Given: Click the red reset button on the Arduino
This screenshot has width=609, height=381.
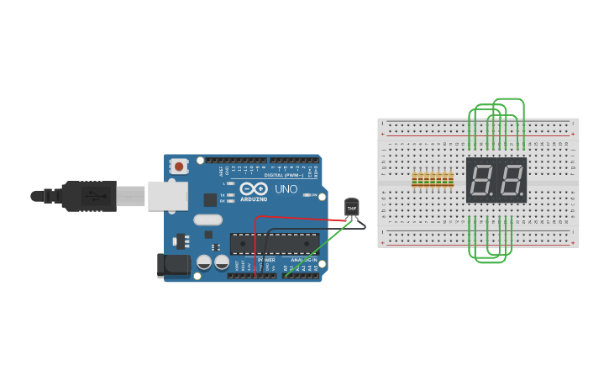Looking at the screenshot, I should pos(179,167).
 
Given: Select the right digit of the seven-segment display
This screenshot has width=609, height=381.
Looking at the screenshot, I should pos(510,179).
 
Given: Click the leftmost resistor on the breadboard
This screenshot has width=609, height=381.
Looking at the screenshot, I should pos(415,180).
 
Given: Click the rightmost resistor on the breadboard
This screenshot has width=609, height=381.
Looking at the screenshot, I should pos(451,180).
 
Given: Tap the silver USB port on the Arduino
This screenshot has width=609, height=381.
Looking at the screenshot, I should pos(166,195).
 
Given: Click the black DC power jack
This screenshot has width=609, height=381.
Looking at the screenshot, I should pos(173,266).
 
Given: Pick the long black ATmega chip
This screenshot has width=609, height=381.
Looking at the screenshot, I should pos(274,243).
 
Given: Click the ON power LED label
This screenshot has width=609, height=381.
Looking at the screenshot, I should pos(312,195).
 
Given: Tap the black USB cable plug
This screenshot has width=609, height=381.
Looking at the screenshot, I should pos(88,196).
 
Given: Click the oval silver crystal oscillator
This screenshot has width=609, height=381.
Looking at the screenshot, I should pos(207,220).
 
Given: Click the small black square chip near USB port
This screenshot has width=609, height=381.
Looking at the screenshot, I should pos(209,199).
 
